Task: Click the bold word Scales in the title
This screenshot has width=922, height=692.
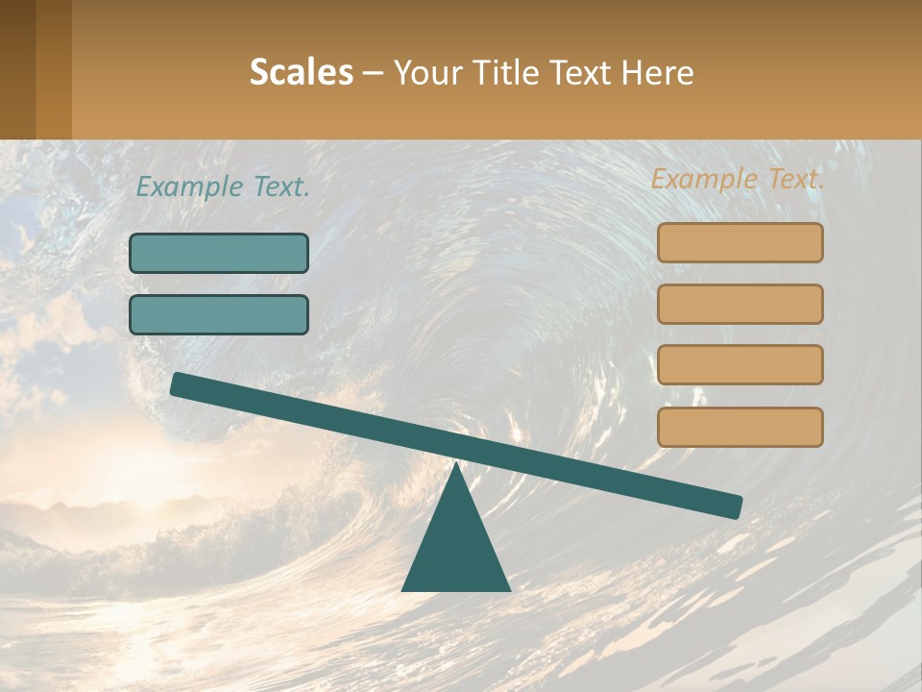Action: (x=302, y=72)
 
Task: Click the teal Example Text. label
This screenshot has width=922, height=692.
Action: (x=223, y=186)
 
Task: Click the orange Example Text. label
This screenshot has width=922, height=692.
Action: (x=738, y=179)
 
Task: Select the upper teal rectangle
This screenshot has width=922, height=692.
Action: (x=219, y=253)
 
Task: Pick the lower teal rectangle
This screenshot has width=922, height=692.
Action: (x=219, y=314)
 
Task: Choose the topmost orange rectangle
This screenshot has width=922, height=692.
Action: (x=740, y=243)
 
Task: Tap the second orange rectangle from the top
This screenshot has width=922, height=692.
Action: (x=740, y=304)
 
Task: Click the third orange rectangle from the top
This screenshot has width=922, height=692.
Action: (x=740, y=364)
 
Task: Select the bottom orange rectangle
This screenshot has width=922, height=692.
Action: (x=740, y=427)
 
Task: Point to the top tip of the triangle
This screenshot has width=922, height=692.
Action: (x=456, y=464)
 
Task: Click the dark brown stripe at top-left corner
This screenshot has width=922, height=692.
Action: (x=17, y=69)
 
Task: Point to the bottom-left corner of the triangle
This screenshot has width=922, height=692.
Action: (x=402, y=590)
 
